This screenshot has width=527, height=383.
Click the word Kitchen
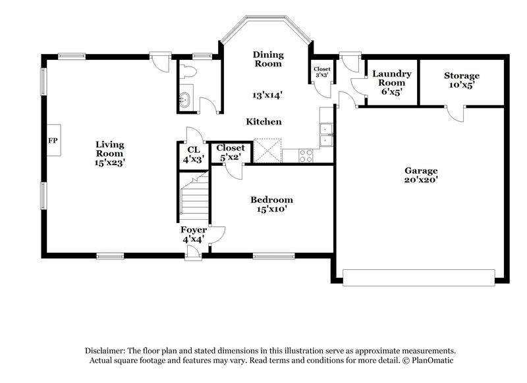tap(264, 122)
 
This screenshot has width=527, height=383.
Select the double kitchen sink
tap(325, 135)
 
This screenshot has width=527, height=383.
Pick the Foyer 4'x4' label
tap(194, 235)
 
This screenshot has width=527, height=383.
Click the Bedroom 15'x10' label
tap(271, 204)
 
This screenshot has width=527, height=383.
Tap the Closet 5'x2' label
tap(230, 153)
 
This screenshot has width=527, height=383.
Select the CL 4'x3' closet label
tap(193, 155)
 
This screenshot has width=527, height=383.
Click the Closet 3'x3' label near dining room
tap(321, 72)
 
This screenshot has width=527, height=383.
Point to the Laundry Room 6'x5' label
tap(392, 82)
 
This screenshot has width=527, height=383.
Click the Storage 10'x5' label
tap(461, 80)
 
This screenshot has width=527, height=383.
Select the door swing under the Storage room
tap(455, 113)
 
